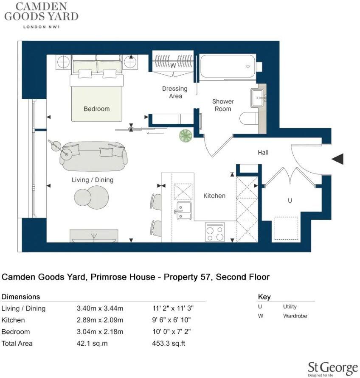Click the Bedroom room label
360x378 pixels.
coord(96,109)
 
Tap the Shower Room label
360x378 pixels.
coord(223,105)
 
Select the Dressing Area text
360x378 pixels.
coord(174,92)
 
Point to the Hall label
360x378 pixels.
coord(263,152)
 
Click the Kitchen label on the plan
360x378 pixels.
coord(214,196)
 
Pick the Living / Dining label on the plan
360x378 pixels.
coord(93,180)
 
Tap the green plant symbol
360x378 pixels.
coord(186,135)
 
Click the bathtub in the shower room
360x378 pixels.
coord(227,67)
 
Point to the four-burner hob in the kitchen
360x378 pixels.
coord(215,232)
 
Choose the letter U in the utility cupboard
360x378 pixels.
coord(290,201)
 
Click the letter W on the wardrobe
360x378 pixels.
coord(173,66)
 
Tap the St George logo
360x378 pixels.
coord(332,368)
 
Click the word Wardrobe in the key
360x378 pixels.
coord(295,316)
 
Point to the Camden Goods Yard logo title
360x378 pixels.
coord(41,12)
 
